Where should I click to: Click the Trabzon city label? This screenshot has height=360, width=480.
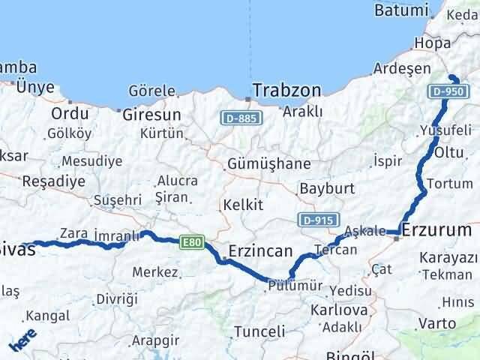click(287, 91)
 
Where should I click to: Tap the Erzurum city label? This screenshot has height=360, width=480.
click(436, 229)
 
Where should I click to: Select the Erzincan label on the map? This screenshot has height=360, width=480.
click(260, 250)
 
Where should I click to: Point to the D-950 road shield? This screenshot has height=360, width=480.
click(448, 91)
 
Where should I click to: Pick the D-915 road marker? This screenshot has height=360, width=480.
click(316, 220)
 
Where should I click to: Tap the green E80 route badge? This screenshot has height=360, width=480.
click(191, 241)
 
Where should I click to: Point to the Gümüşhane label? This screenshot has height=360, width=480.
click(260, 163)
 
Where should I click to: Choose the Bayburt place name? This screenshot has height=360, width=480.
click(326, 188)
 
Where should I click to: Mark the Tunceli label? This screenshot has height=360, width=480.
click(259, 331)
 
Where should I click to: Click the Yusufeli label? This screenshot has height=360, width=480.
click(439, 128)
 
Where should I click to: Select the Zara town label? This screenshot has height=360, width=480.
click(73, 232)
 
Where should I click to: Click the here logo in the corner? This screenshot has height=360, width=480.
click(22, 341)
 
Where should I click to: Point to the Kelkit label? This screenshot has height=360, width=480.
click(241, 204)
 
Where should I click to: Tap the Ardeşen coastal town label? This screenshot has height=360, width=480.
click(402, 69)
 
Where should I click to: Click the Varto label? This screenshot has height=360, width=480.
click(436, 324)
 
